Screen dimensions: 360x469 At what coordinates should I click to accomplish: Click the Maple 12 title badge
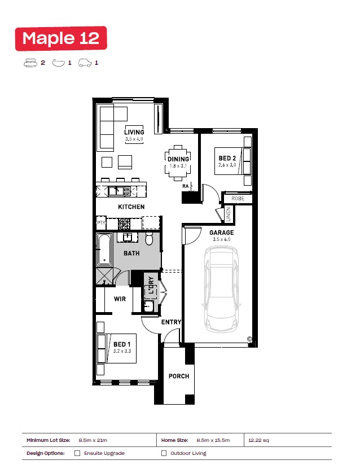pyautogui.click(x=61, y=38)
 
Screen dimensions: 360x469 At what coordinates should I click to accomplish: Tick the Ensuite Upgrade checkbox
pyautogui.click(x=77, y=453)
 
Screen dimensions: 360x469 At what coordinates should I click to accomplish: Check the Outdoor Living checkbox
pyautogui.click(x=164, y=453)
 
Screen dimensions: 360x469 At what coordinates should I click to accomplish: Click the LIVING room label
pyautogui.click(x=134, y=132)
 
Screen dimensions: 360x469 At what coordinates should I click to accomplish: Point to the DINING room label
pyautogui.click(x=178, y=159)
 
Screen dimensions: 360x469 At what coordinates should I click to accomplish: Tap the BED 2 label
pyautogui.click(x=227, y=158)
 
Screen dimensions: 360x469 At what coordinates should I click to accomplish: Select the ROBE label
pyautogui.click(x=238, y=198)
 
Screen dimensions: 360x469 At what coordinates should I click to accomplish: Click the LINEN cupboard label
pyautogui.click(x=229, y=214)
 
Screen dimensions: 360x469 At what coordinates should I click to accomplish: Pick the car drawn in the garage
pyautogui.click(x=221, y=289)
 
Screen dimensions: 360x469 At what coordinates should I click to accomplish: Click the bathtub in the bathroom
pyautogui.click(x=104, y=249)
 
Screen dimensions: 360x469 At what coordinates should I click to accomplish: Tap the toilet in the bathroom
pyautogui.click(x=149, y=238)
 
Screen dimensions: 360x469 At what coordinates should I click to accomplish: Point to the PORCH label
pyautogui.click(x=179, y=376)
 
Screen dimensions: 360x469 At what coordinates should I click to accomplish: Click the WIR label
pyautogui.click(x=120, y=299)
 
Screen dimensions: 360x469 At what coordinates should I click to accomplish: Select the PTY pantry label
pyautogui.click(x=101, y=222)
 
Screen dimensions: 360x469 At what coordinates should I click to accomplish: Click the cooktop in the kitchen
pyautogui.click(x=124, y=223)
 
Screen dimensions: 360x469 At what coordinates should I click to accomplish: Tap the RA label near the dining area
pyautogui.click(x=186, y=186)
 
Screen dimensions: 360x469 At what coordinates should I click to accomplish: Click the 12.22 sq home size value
pyautogui.click(x=258, y=440)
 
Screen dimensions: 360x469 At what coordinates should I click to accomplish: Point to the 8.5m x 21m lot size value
pyautogui.click(x=93, y=440)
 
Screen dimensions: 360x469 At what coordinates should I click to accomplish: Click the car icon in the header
pyautogui.click(x=85, y=63)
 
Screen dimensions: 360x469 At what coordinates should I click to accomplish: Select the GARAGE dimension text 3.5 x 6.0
pyautogui.click(x=222, y=239)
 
